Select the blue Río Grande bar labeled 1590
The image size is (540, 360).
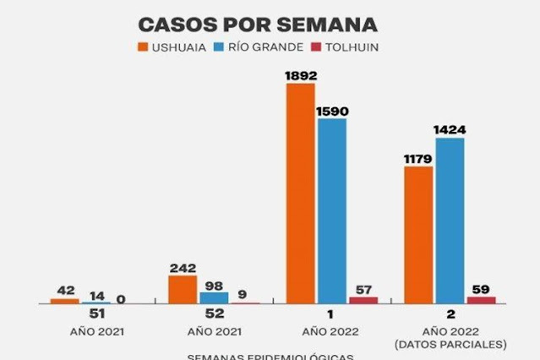coord(332,210)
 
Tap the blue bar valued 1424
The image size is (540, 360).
coord(450,220)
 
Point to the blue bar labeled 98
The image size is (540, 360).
coord(214,297)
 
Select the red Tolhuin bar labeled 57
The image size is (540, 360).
coord(363,299)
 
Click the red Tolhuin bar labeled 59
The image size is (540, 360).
coord(481,299)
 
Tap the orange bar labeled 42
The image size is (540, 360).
coord(64,300)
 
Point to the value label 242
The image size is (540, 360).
coord(183,267)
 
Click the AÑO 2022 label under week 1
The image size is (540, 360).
coord(332,331)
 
